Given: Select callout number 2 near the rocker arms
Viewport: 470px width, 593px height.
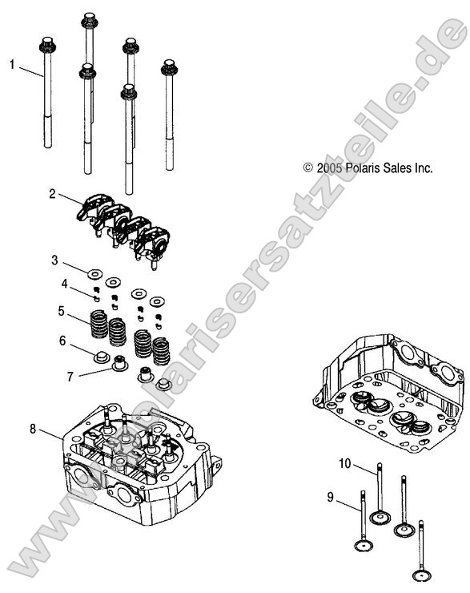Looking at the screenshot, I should pos(52,194).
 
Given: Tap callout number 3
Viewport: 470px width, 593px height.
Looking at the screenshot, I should pos(54,260).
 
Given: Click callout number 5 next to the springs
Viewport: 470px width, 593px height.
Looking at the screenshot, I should pos(60,310).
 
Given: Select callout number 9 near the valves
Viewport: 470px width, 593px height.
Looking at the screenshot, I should pos(330,498).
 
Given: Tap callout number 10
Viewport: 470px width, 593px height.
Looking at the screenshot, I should pos(344,463).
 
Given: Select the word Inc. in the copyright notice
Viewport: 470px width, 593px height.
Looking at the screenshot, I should pos(422,168).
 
